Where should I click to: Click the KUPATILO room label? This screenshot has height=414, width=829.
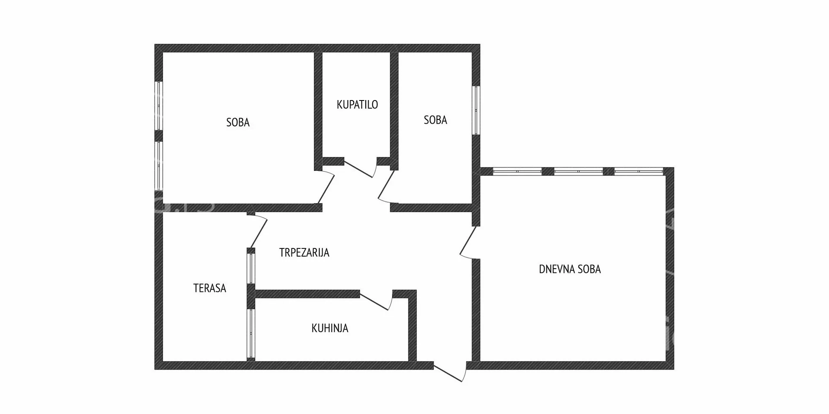tap(357, 104)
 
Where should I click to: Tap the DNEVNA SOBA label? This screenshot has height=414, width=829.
tap(570, 269)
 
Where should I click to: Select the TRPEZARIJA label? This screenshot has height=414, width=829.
tap(304, 253)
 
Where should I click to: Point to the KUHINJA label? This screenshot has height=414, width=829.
tap(330, 328)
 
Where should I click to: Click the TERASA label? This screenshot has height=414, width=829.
tap(210, 288)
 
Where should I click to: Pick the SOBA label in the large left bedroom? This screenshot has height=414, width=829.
tap(238, 122)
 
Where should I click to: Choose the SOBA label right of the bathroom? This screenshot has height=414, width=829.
tap(435, 120)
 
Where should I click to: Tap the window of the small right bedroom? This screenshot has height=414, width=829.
tap(476, 110)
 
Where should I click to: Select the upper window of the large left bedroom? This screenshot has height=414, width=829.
tap(158, 106)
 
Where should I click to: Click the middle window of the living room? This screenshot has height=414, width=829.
tap(578, 171)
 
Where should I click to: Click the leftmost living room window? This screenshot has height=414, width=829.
tap(517, 171)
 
